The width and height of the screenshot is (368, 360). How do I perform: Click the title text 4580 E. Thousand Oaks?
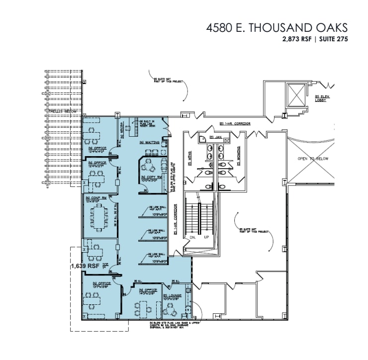(276, 28)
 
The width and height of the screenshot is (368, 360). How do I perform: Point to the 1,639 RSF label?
(86, 266)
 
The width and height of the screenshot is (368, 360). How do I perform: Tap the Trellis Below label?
(63, 111)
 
